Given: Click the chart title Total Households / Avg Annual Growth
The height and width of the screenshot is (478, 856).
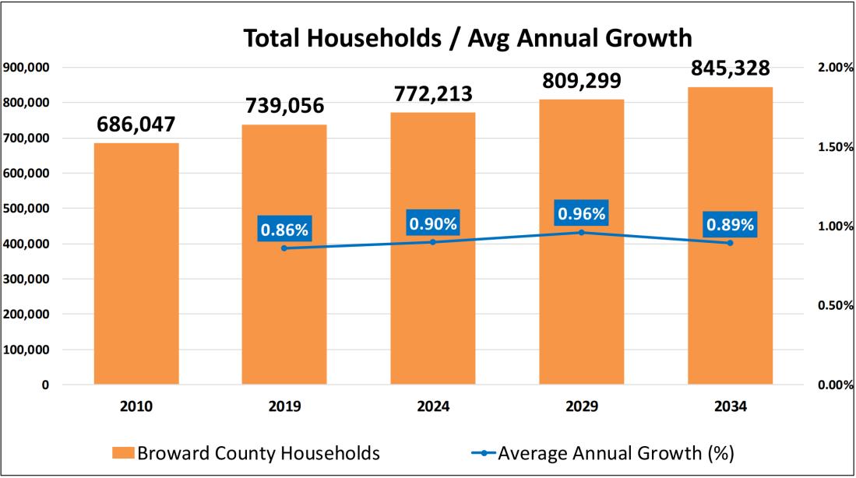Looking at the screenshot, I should (x=467, y=38).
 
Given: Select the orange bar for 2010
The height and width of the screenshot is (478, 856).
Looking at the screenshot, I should (x=136, y=265).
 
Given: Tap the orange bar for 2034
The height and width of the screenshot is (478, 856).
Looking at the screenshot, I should (x=730, y=234).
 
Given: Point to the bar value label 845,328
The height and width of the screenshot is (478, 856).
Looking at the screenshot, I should (x=730, y=69).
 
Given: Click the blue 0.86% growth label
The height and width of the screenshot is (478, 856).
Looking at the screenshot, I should (x=284, y=230).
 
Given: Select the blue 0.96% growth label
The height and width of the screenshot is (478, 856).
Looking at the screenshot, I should (x=581, y=213).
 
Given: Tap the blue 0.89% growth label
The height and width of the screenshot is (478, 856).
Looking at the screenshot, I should (x=730, y=225).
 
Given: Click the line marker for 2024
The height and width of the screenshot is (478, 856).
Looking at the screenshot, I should (x=433, y=242).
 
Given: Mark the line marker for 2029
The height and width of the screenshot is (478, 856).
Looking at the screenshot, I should (x=581, y=232).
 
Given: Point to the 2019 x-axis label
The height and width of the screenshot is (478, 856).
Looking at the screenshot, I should (x=284, y=406).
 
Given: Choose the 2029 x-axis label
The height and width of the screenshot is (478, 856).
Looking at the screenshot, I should (x=581, y=406).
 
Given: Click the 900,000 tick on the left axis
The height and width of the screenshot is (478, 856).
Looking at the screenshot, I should (x=27, y=67).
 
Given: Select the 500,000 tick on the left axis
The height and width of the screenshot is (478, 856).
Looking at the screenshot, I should (x=27, y=209).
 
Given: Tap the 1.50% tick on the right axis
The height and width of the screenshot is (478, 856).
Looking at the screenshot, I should (x=835, y=147).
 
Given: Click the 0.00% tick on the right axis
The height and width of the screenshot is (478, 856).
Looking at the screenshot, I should (x=835, y=385).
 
